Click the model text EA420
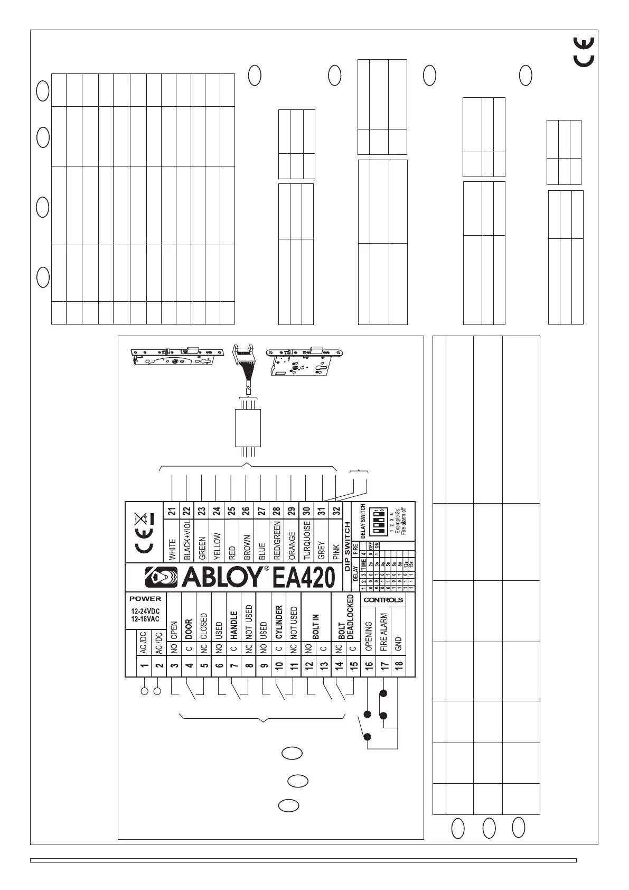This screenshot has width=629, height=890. click(304, 578)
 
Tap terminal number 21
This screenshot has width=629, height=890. click(172, 511)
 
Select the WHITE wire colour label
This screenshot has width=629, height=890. click(172, 549)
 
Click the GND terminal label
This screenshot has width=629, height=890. click(399, 644)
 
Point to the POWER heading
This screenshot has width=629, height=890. click(145, 599)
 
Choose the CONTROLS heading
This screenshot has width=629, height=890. click(383, 600)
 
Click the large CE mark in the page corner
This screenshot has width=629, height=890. click(584, 52)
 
